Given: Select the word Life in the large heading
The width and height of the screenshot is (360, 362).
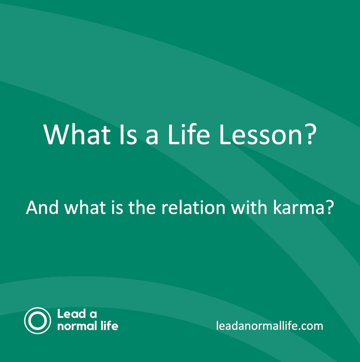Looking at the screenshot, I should pyautogui.click(x=188, y=134).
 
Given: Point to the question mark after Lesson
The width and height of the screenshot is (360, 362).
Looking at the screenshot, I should pyautogui.click(x=308, y=134).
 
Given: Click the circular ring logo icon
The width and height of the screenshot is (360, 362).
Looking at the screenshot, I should pyautogui.click(x=37, y=321).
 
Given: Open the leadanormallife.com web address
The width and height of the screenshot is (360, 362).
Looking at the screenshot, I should pyautogui.click(x=269, y=326).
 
